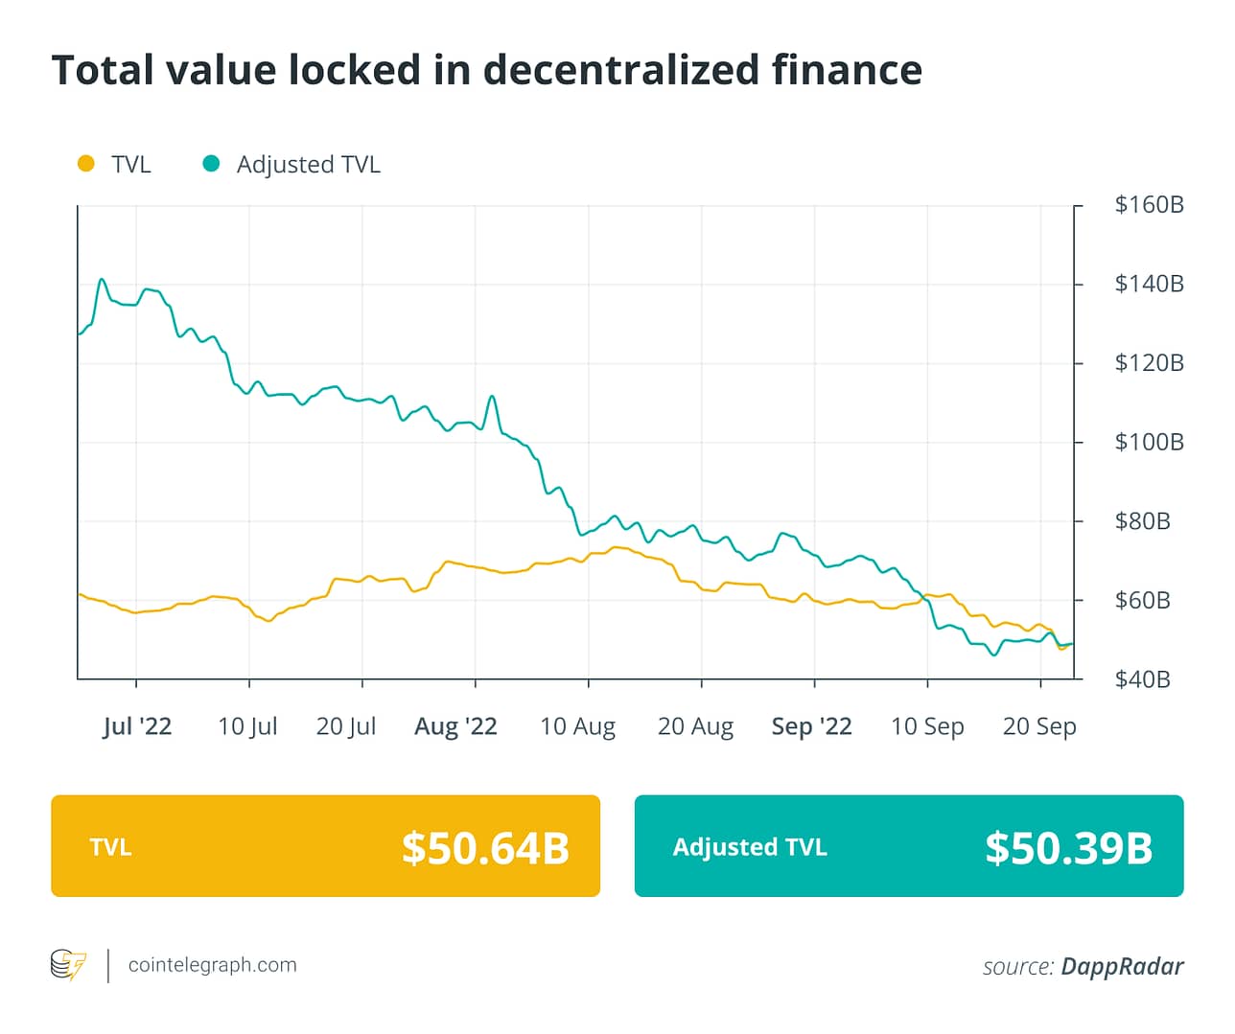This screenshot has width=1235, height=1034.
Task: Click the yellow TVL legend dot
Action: [x=86, y=164]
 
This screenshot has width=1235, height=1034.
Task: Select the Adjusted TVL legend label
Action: [x=308, y=165]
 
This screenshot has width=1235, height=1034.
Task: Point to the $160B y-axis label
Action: [x=1149, y=205]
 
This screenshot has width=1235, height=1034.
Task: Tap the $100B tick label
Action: [x=1149, y=443]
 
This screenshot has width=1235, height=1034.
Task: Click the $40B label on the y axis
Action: [x=1142, y=679]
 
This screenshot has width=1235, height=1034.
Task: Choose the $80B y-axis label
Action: [x=1142, y=521]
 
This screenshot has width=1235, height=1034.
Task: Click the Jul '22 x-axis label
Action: [x=137, y=726]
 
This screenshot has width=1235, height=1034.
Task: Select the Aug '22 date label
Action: [x=455, y=726]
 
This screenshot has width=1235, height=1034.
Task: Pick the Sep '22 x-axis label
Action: [x=811, y=726]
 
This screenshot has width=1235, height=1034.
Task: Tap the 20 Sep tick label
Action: [x=1039, y=726]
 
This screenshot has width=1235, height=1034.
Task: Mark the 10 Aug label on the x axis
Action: [x=577, y=726]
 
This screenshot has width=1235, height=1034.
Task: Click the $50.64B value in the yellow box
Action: [x=485, y=848]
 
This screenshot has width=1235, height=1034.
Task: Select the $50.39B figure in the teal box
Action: [x=1068, y=848]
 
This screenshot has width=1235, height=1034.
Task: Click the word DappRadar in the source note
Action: [x=1122, y=966]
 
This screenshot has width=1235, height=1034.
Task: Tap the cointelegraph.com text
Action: [x=212, y=965]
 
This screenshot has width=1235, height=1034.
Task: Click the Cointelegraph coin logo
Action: [x=68, y=965]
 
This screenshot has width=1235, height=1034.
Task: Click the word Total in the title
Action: [x=103, y=70]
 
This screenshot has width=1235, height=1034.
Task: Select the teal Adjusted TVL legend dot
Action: [x=211, y=164]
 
